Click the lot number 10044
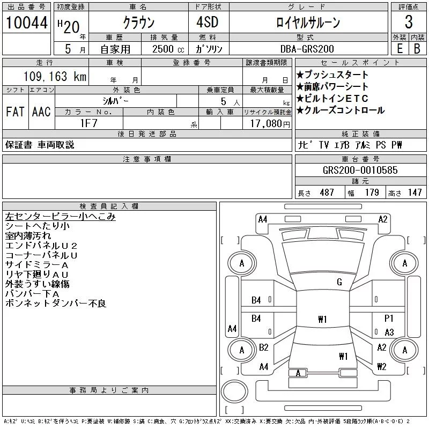click(x=26, y=23)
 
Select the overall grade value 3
click(x=409, y=22)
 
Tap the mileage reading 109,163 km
click(x=55, y=76)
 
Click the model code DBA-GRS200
click(x=307, y=49)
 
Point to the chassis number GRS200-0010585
click(x=360, y=170)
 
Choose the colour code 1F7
click(x=88, y=123)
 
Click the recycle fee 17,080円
click(x=270, y=123)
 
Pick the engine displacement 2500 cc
click(x=168, y=49)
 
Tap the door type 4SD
click(x=208, y=22)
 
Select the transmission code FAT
click(x=16, y=112)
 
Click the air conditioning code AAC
click(x=41, y=112)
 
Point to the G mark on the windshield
click(x=339, y=282)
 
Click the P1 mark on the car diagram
click(x=389, y=318)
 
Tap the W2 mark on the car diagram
click(x=382, y=366)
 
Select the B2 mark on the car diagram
click(x=263, y=347)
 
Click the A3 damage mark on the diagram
click(x=389, y=332)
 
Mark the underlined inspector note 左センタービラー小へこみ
click(x=60, y=217)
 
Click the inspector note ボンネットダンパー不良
click(x=56, y=303)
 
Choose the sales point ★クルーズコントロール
click(x=341, y=110)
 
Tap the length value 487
click(x=327, y=193)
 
